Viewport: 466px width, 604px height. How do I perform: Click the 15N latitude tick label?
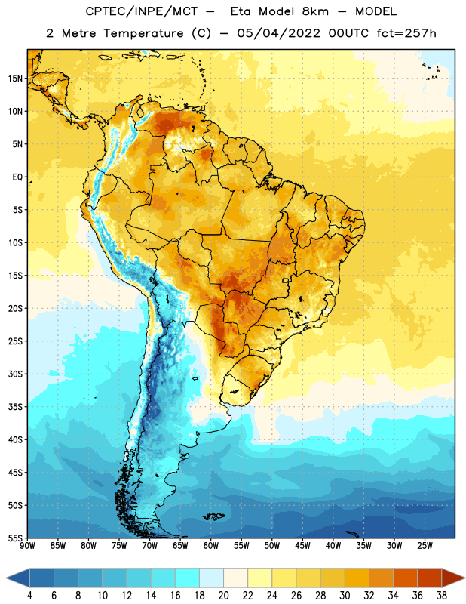coord(15,79)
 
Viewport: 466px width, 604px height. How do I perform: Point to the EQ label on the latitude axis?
coord(17,177)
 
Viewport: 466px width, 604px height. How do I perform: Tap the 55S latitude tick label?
coord(15,538)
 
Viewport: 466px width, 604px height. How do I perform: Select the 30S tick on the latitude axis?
coord(15,374)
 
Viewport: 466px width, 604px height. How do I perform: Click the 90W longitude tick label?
coord(27,546)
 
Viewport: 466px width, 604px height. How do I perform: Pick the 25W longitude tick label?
coord(425,546)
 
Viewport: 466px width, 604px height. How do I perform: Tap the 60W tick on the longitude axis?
coord(211,546)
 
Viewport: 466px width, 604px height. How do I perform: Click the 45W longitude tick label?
coord(302,546)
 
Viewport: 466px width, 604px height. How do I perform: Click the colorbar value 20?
coord(223,596)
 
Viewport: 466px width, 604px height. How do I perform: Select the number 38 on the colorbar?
coord(442,596)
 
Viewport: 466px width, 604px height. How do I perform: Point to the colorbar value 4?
coord(29,596)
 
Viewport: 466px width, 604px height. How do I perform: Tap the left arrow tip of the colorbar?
coord(6,578)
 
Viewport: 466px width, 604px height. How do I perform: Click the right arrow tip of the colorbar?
coord(464,578)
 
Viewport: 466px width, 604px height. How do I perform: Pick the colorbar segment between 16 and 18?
coord(187,578)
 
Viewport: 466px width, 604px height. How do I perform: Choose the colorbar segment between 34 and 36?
coord(405,578)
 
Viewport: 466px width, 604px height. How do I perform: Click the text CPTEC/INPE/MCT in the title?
coord(141,11)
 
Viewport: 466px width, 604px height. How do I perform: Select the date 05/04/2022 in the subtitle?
coord(278,33)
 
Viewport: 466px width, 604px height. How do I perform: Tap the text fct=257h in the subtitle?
coord(406,33)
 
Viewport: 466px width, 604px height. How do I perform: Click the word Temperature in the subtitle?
coord(143,34)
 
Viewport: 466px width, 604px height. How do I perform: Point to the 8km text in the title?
coord(315,11)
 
